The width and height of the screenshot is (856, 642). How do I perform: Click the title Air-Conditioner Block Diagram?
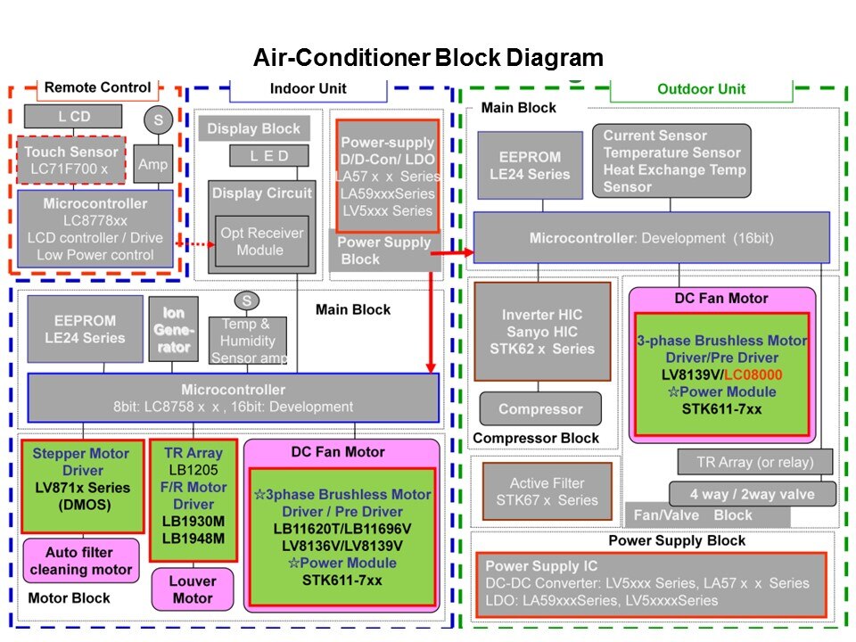coord(428,59)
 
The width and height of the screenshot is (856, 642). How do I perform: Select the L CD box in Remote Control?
coord(74,116)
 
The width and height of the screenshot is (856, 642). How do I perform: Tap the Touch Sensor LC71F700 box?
coord(71,160)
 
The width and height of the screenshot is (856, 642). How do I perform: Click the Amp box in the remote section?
coord(154,165)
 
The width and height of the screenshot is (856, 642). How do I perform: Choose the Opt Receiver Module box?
coord(261,242)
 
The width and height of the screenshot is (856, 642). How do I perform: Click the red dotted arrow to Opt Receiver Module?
coord(193,243)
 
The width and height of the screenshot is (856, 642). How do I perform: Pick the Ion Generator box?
coord(173,329)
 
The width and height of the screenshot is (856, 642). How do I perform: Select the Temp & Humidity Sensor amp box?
coord(245,341)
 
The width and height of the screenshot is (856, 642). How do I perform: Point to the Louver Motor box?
coord(193,589)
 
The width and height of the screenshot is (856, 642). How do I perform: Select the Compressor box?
coord(539,409)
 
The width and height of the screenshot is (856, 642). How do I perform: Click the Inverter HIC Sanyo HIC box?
coord(542,332)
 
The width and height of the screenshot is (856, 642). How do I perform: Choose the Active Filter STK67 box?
coord(547,491)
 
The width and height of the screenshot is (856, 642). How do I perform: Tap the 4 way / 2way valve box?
coord(753,493)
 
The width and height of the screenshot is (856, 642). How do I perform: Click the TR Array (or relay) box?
coord(753,462)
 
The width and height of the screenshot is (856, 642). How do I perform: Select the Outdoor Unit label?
coord(701,89)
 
